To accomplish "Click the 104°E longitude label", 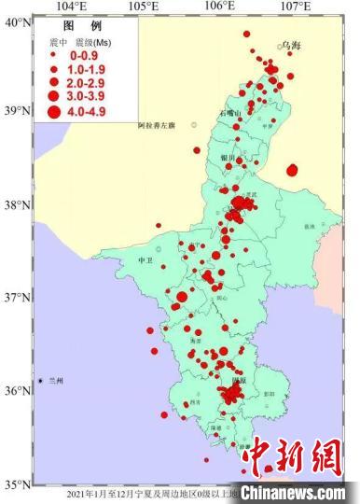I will tap(71, 7).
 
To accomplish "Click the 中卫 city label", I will tap(145, 260).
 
